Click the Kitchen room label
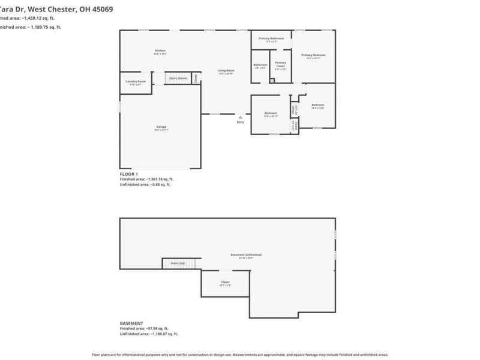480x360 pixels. point(160,50)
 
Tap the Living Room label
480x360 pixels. point(226,71)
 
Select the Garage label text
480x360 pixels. point(161,127)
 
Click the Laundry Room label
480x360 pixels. point(136,82)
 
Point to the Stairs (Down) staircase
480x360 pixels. point(178,79)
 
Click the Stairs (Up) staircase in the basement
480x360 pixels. point(178,263)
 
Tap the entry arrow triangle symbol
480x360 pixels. point(241,117)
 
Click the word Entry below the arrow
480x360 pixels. point(241,122)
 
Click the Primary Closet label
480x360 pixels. point(280,64)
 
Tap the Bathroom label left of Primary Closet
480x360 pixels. point(260,65)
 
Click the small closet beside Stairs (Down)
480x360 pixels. point(196,78)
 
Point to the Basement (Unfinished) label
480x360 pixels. point(246,255)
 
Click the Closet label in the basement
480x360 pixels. point(225,283)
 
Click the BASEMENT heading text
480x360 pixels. point(131,323)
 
